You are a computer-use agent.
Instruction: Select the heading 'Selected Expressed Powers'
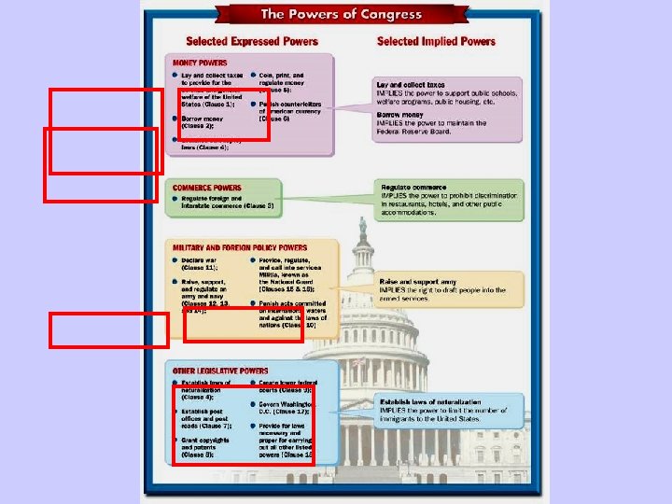point(252,41)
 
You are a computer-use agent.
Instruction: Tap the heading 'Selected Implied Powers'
point(436,41)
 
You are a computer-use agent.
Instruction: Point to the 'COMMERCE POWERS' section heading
point(206,188)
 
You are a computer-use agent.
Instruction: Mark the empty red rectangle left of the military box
point(109,329)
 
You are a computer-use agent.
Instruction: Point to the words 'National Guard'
point(286,281)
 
